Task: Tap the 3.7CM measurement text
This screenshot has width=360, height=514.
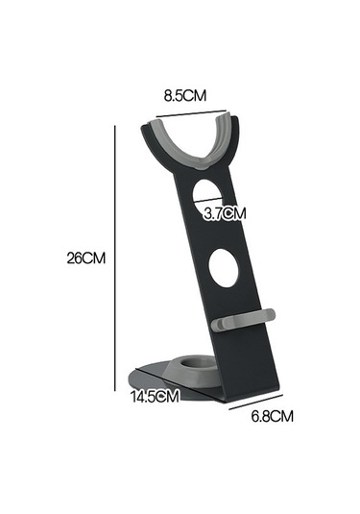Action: [x=225, y=214]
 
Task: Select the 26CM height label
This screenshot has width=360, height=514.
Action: [x=85, y=257]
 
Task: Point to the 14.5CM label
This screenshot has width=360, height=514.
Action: [x=156, y=396]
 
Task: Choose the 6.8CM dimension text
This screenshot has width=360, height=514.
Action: [x=271, y=416]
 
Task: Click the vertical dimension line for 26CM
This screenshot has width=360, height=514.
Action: [x=117, y=257]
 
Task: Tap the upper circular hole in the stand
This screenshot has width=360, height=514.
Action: [x=213, y=196]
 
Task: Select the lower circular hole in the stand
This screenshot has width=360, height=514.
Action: [x=224, y=268]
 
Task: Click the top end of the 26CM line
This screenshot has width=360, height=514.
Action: [x=117, y=132]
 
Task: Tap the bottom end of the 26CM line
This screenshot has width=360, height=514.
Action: [x=117, y=383]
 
